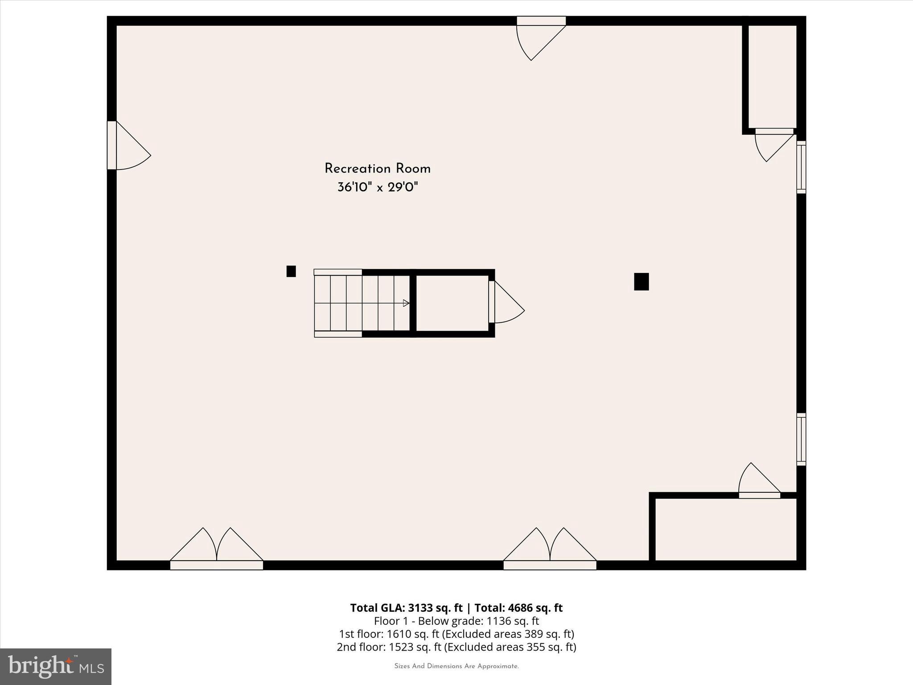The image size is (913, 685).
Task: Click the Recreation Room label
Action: point(377,169)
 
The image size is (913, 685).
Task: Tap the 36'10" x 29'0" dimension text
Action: point(377,187)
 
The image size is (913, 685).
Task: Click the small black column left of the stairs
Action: point(291,271)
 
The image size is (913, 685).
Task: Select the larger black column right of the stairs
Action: point(641,281)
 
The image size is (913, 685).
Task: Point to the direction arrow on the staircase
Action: point(406,303)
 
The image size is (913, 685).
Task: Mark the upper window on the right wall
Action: point(801,167)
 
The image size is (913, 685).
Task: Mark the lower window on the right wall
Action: point(801,439)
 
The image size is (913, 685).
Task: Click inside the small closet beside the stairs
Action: point(452,303)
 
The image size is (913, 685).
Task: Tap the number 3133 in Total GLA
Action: point(420,608)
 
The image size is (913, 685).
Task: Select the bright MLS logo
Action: point(56,666)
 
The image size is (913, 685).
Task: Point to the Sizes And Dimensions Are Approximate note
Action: point(456,666)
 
